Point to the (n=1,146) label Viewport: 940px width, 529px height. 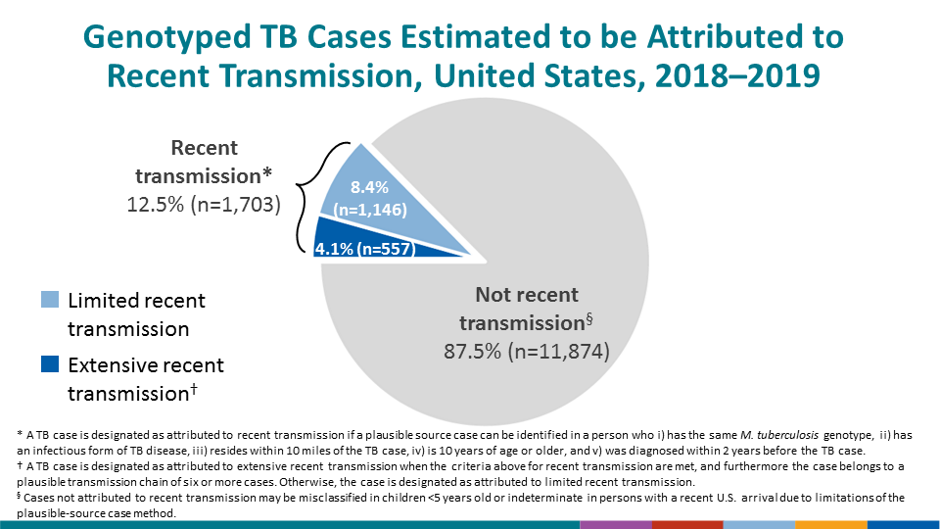[x=370, y=209]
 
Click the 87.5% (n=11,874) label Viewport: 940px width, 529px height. [x=527, y=351]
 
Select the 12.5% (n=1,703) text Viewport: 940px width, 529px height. [x=204, y=205]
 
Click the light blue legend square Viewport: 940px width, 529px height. [x=50, y=300]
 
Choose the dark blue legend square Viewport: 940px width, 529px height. [x=50, y=365]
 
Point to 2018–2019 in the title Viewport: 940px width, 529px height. [x=728, y=76]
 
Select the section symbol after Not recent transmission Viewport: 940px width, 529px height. [x=589, y=317]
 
